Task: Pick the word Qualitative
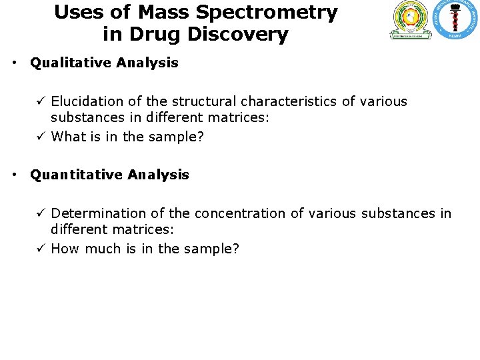(70, 63)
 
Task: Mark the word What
(67, 137)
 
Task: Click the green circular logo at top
(411, 19)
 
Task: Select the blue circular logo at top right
(455, 19)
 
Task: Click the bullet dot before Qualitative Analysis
(14, 63)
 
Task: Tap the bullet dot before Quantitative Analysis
(14, 175)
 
